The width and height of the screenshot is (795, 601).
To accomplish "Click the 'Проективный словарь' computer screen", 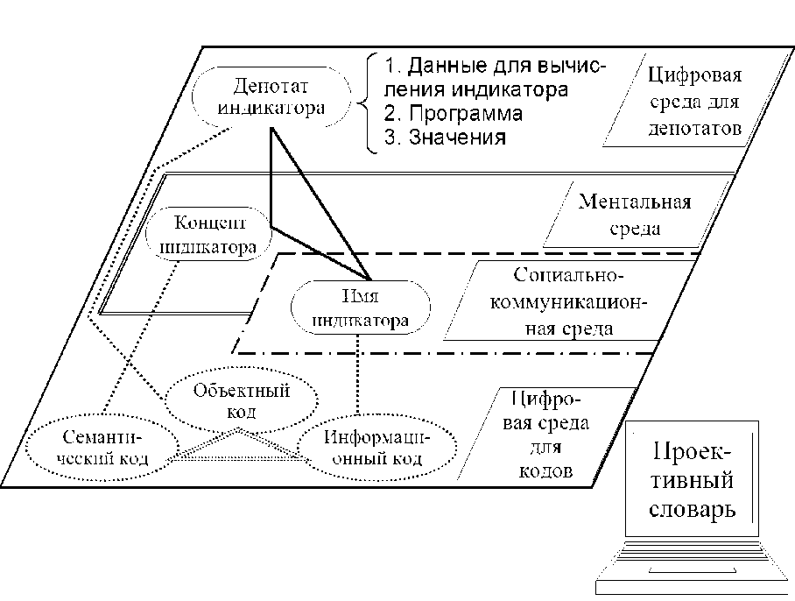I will (690, 483).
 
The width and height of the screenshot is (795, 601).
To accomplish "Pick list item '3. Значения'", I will (445, 138).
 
